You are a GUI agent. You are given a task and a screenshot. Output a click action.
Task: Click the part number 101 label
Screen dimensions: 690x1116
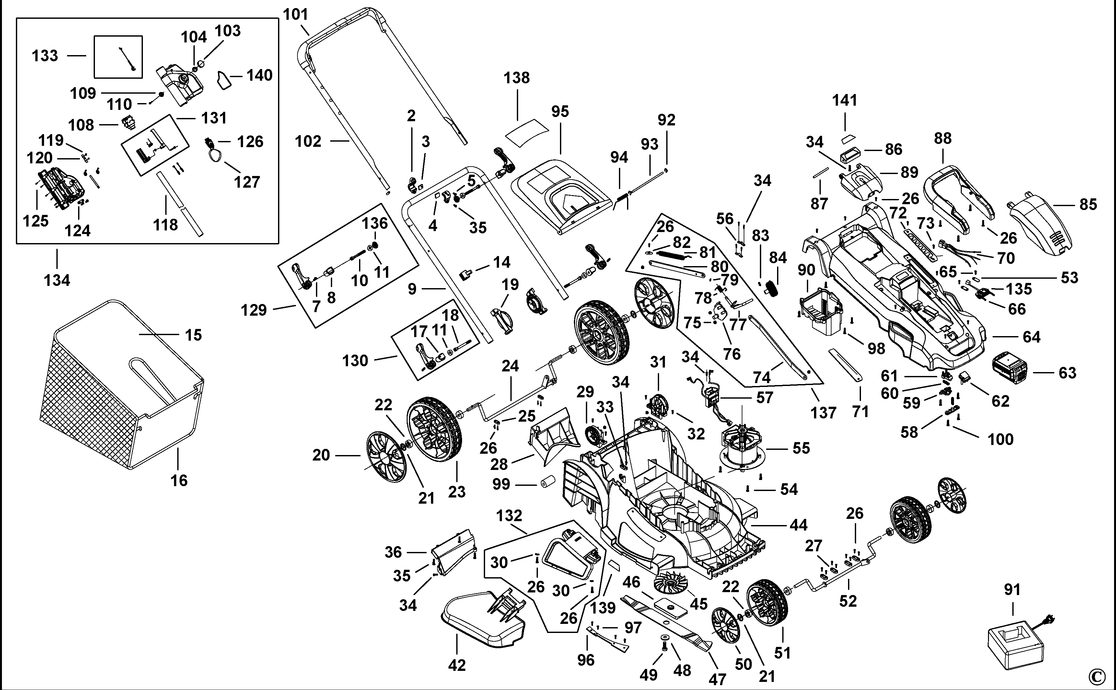[296, 15]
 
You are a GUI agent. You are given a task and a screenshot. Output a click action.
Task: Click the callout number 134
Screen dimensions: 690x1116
[57, 280]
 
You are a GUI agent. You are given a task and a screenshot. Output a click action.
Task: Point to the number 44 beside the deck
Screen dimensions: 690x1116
[798, 525]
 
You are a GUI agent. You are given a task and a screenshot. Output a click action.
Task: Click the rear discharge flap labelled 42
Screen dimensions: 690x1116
[483, 621]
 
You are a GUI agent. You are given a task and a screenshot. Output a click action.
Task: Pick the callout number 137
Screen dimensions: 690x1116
[823, 413]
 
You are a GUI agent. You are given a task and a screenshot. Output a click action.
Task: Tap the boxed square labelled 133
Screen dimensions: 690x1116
[118, 57]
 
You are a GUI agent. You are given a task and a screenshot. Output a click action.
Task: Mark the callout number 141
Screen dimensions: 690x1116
[844, 100]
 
